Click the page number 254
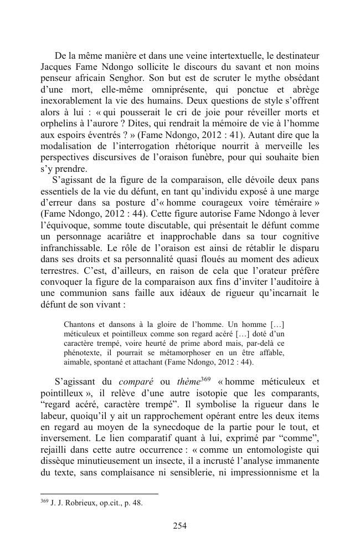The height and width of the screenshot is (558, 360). pyautogui.click(x=179, y=526)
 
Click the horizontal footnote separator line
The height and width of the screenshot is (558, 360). pyautogui.click(x=99, y=493)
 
